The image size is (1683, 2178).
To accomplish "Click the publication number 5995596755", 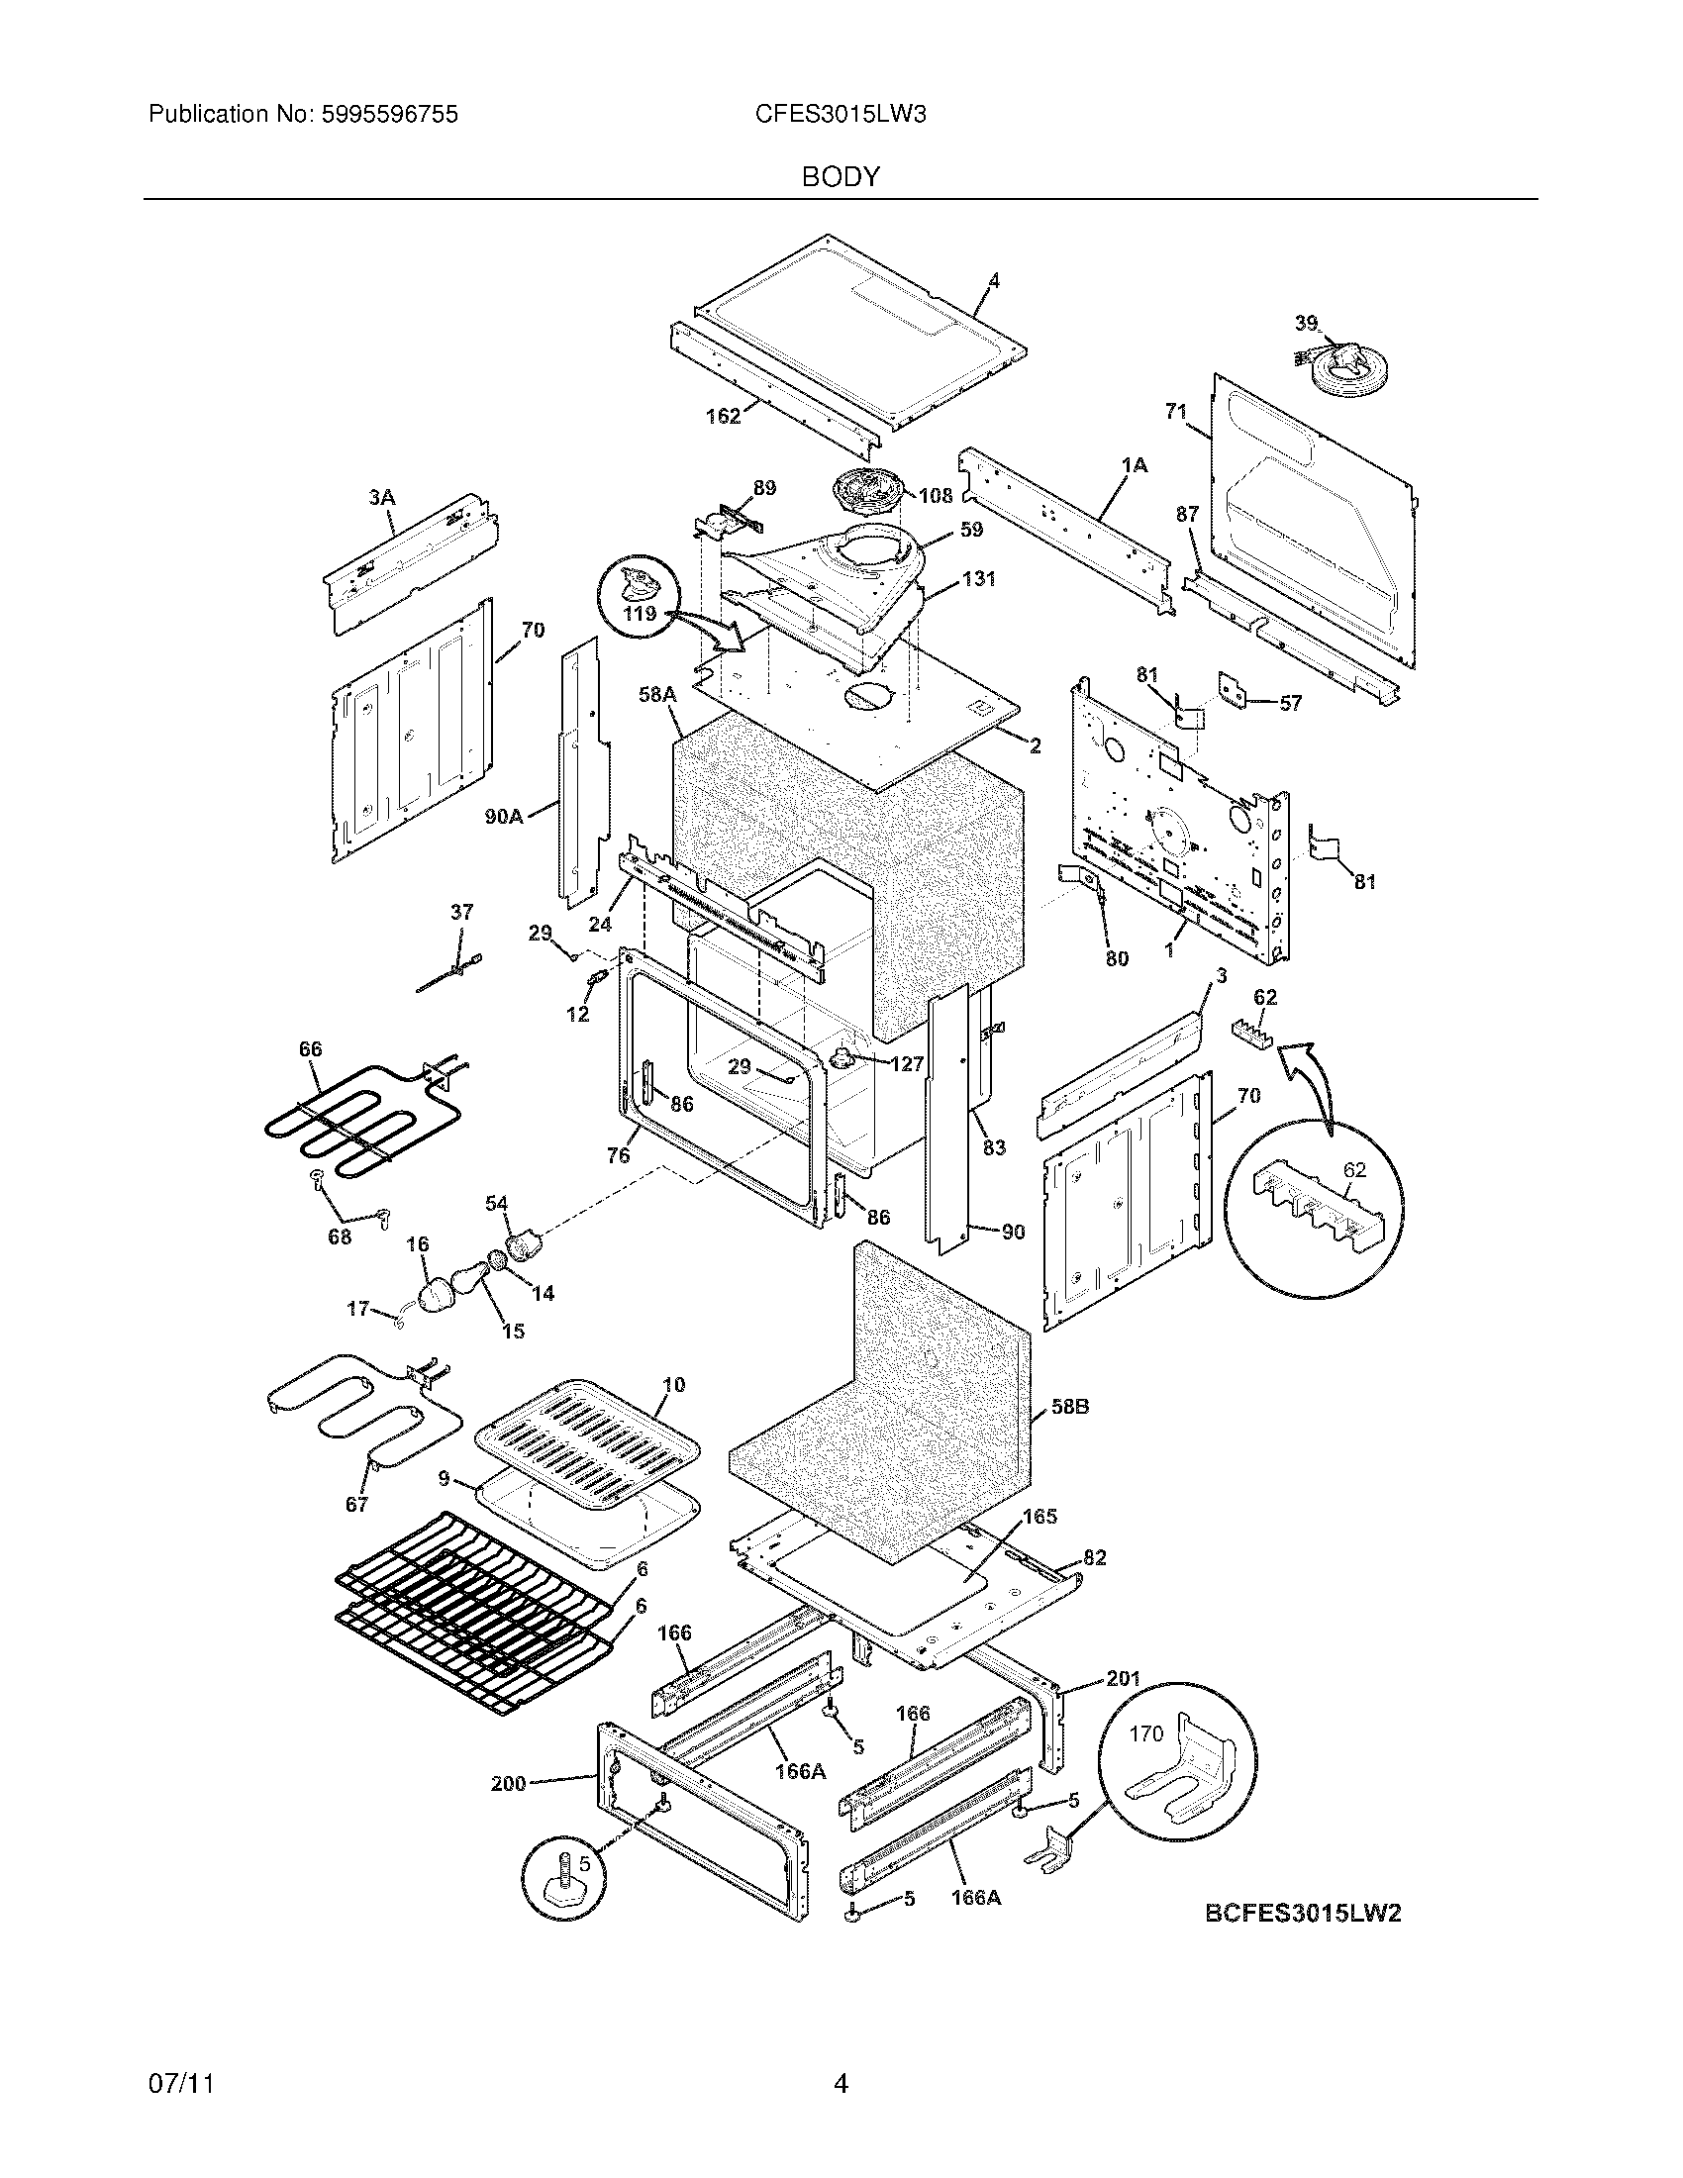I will pyautogui.click(x=391, y=115).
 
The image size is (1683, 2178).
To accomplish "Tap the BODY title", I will pyautogui.click(x=841, y=177).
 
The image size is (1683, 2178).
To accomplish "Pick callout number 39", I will pyautogui.click(x=1306, y=323).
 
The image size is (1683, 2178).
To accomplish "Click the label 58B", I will pyautogui.click(x=1070, y=1408).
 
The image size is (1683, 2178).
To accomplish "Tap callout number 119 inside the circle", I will pyautogui.click(x=640, y=614).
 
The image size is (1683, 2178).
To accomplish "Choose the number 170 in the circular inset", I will pyautogui.click(x=1145, y=1733).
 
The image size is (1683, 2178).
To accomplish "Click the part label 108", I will pyautogui.click(x=936, y=496).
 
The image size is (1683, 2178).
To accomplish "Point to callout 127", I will pyautogui.click(x=906, y=1064).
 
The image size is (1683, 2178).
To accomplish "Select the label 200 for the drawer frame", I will pyautogui.click(x=509, y=1783).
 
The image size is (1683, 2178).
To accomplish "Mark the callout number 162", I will pyautogui.click(x=723, y=416).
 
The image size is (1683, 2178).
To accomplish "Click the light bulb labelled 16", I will pyautogui.click(x=434, y=1296).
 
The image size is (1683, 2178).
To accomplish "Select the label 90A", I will pyautogui.click(x=505, y=816).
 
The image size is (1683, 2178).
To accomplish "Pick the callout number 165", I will pyautogui.click(x=1039, y=1516).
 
